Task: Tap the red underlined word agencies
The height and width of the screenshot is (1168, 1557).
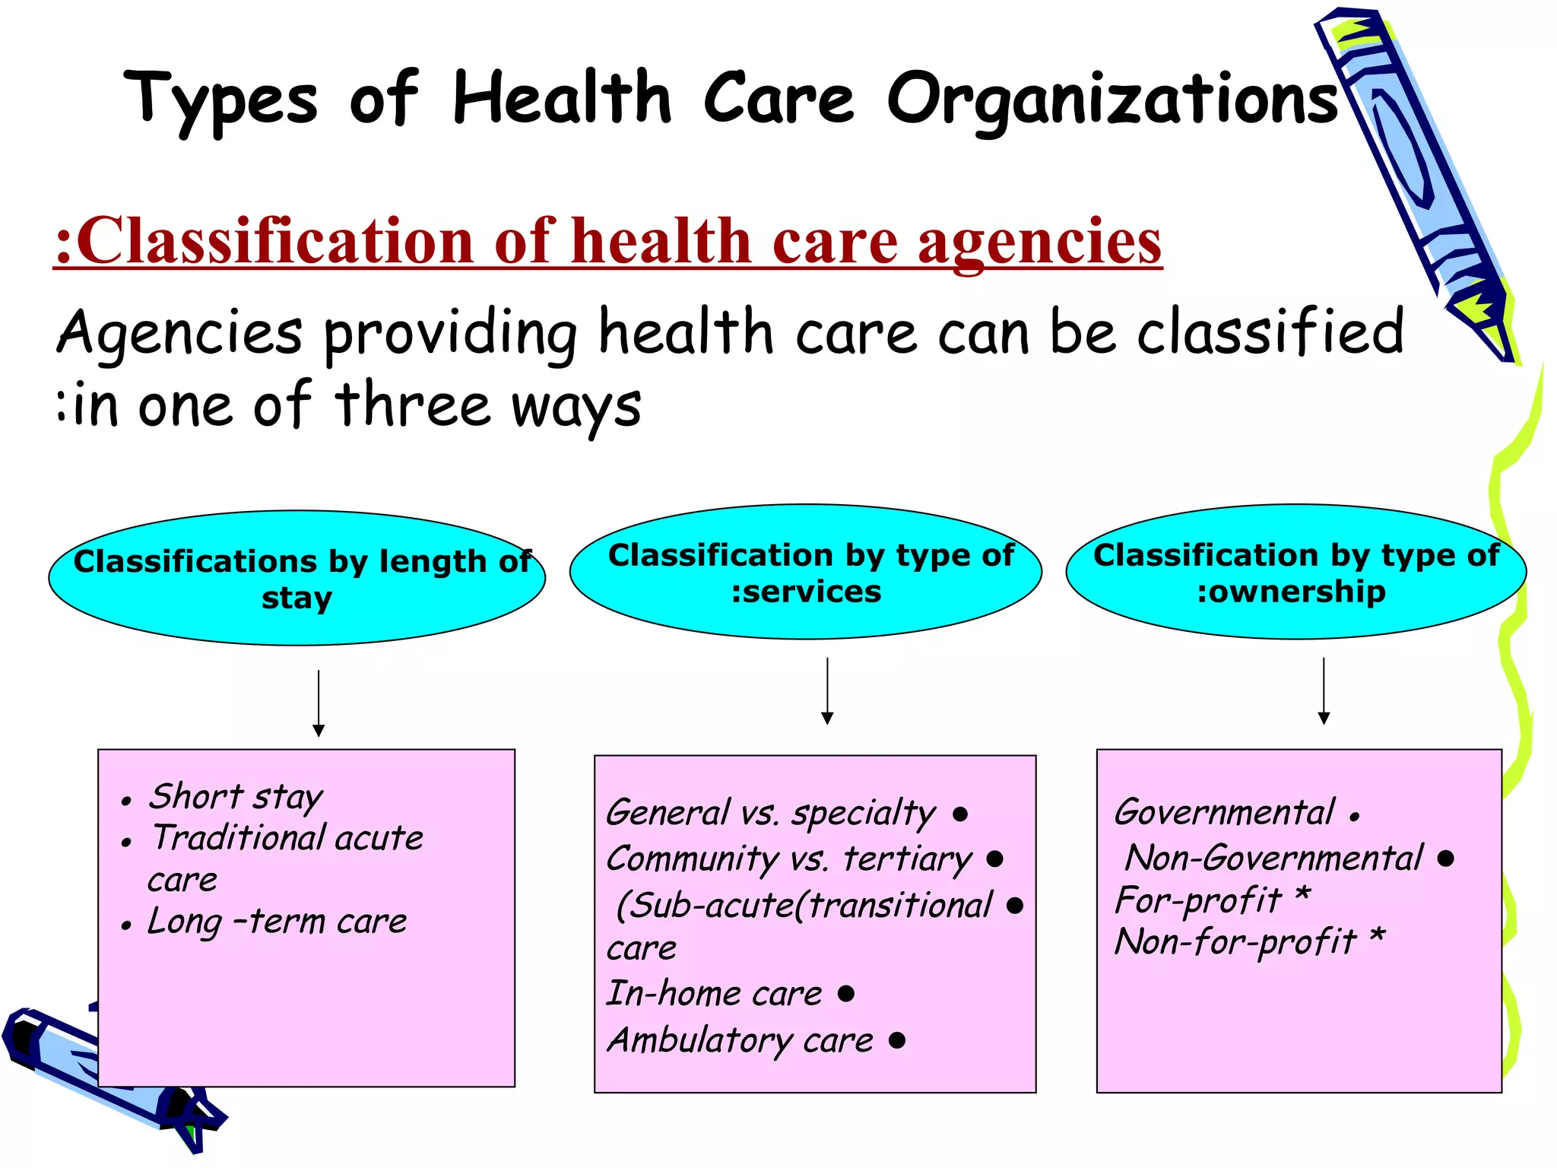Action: [1039, 241]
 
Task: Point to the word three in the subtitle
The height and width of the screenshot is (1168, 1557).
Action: [412, 405]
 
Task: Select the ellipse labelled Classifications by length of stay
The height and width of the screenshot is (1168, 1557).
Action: [296, 578]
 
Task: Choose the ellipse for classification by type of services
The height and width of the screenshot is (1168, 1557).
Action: [806, 572]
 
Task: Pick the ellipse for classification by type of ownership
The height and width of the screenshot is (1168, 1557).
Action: [1295, 572]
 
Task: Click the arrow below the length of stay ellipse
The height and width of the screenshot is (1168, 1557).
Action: [319, 703]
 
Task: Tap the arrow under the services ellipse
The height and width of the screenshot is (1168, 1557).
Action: [828, 690]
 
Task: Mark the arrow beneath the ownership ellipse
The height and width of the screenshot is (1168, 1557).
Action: [1324, 690]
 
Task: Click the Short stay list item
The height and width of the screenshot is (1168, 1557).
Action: [236, 797]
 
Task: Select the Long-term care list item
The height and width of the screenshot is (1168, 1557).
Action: [277, 922]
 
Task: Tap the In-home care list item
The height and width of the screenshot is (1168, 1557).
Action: [714, 994]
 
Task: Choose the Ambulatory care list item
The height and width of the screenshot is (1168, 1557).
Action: [740, 1040]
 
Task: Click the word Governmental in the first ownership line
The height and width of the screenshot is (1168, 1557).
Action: [1224, 812]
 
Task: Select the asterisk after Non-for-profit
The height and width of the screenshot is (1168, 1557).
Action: [1378, 938]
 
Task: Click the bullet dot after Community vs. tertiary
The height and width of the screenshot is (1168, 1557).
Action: [994, 859]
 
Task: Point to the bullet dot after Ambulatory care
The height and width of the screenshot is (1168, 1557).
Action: [897, 1039]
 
